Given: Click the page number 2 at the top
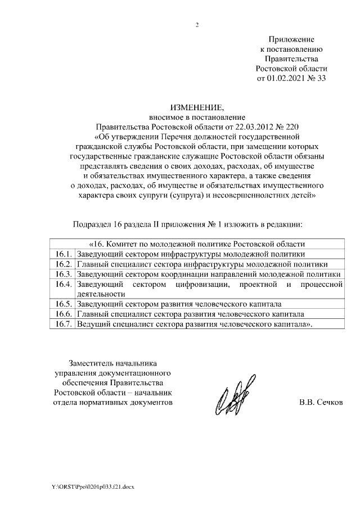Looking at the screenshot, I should pos(197,25).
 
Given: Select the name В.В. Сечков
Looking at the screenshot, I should pos(320,403).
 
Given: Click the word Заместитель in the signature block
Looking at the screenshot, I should pos(94,362).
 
